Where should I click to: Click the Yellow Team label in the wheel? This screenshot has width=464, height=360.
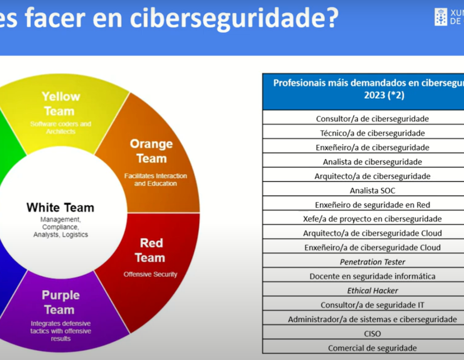61,103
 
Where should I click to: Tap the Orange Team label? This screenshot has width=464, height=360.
151,151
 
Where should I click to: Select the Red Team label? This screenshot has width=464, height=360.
150,250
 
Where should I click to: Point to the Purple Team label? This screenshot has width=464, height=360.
60,302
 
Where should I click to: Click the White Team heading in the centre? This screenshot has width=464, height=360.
60,207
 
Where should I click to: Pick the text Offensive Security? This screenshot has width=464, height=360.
150,274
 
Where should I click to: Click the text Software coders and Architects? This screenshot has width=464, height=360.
61,127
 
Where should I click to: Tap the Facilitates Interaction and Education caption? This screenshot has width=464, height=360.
155,180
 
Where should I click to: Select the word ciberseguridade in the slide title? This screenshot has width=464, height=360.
234,18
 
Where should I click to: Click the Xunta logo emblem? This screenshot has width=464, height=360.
441,17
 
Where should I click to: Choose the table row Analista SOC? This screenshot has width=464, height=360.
373,190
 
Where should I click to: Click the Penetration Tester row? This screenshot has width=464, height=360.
373,262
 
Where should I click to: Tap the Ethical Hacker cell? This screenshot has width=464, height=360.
373,291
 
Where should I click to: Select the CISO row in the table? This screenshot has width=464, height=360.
373,333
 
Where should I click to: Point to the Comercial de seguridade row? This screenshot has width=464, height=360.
373,348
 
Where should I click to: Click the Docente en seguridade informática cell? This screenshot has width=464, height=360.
373,276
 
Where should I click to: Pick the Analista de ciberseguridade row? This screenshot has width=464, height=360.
373,162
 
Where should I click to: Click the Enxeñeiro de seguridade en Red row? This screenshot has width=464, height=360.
373,205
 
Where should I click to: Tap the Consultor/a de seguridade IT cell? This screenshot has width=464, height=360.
373,305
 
